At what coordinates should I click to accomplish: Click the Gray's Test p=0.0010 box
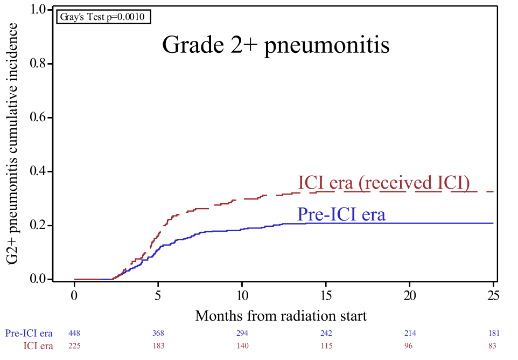(103, 17)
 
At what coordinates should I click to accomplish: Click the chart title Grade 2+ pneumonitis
(276, 45)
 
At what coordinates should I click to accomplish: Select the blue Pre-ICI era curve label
(341, 214)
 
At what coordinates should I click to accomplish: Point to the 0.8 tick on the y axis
(43, 64)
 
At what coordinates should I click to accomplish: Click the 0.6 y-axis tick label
(43, 117)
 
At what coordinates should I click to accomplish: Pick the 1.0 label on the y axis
(43, 10)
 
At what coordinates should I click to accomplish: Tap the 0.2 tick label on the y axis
(43, 225)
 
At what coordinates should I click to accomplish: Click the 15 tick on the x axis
(326, 295)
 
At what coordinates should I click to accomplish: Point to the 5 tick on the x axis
(158, 295)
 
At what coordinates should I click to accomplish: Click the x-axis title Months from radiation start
(281, 315)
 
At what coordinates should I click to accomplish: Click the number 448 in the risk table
(75, 334)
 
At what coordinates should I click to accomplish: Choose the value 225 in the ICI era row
(75, 345)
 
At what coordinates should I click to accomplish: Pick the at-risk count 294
(242, 334)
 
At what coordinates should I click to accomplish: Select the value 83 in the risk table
(493, 345)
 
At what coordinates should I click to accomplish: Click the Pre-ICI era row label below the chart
(29, 334)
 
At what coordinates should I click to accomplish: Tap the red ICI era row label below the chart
(38, 345)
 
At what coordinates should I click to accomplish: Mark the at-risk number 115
(326, 345)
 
